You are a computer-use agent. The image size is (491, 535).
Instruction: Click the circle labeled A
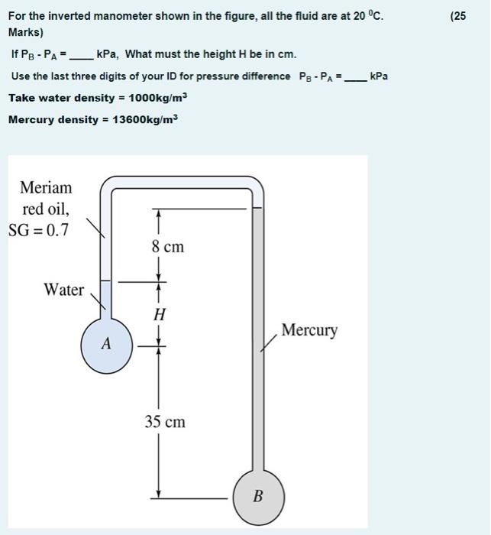[107, 345]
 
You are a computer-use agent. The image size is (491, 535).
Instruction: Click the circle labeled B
[257, 496]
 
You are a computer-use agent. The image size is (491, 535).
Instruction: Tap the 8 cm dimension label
[167, 247]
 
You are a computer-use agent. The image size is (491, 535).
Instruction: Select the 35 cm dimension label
[165, 422]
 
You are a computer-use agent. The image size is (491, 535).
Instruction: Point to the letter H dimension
[159, 314]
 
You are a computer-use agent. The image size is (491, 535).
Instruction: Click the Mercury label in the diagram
[308, 330]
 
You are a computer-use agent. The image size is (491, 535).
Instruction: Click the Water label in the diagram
[63, 290]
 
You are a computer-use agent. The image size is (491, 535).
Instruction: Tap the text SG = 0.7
[38, 229]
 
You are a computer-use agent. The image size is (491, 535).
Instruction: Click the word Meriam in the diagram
[46, 188]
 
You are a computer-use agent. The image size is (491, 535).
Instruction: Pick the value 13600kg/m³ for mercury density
[144, 120]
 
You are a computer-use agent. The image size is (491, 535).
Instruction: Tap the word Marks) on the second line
[26, 33]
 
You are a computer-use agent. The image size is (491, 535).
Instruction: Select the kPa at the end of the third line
[379, 76]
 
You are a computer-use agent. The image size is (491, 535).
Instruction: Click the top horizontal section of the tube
[183, 181]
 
